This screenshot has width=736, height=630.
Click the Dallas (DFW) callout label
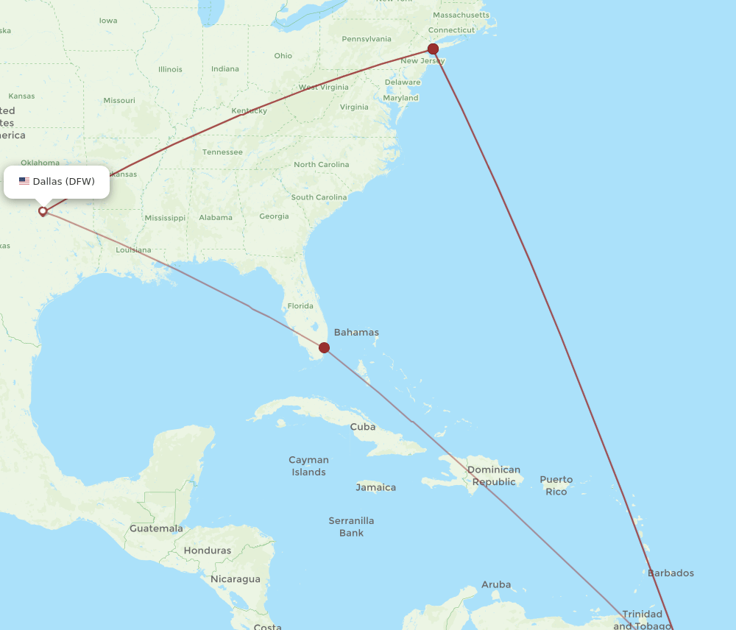(x=57, y=182)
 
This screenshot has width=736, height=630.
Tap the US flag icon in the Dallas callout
(x=24, y=182)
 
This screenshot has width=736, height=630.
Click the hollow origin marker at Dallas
(x=43, y=211)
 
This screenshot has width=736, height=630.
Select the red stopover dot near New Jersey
(x=434, y=49)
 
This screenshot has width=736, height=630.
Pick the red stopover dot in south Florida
(x=324, y=347)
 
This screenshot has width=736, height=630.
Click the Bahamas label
(x=356, y=333)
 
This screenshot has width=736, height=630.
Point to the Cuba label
(x=363, y=427)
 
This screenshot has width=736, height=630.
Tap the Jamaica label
(x=376, y=487)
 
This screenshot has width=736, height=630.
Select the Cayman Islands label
(x=308, y=466)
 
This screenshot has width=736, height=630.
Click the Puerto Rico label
(x=556, y=486)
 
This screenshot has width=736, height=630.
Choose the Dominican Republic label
(x=494, y=475)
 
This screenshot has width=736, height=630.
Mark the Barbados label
(x=670, y=573)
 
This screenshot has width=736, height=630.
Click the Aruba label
(x=496, y=585)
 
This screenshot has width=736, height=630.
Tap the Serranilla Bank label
(x=351, y=527)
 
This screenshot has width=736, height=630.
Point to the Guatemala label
(x=156, y=528)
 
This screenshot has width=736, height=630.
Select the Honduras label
(x=207, y=551)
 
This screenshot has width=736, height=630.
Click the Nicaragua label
(x=235, y=579)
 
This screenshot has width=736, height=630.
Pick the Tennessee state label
(x=222, y=152)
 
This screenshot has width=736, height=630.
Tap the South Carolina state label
(x=319, y=197)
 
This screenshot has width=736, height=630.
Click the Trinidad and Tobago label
(x=643, y=620)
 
